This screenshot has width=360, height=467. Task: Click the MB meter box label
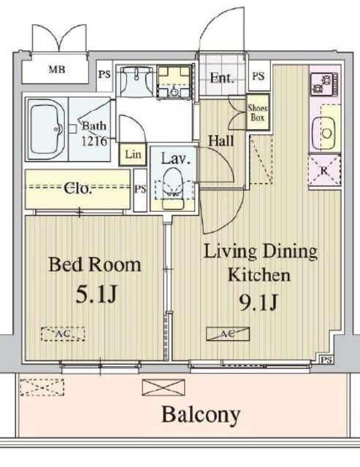coord(55,71)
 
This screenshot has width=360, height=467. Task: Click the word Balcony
coord(201,416)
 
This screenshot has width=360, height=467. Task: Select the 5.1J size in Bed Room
coord(95,295)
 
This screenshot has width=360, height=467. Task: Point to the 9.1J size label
coord(260,300)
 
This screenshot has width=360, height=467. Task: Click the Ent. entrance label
coord(221,78)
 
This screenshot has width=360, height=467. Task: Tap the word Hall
coord(221,140)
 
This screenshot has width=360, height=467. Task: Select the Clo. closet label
coord(79,189)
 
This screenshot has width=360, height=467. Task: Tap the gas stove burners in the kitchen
coord(322,86)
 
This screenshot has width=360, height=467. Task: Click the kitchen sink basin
coord(325,133)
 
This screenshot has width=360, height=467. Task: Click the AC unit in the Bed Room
coord(63,333)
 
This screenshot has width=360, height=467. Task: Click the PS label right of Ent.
coord(258,76)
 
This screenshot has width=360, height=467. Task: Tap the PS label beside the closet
coord(140,188)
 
